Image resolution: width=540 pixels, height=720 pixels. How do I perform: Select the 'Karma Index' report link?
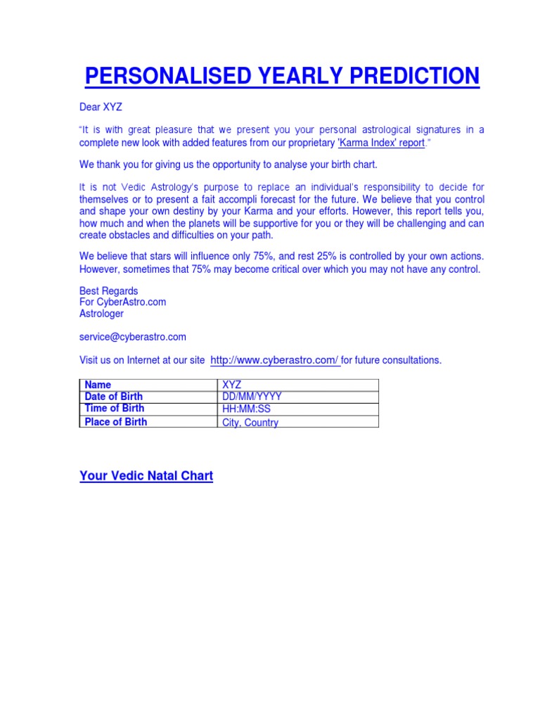coord(382,143)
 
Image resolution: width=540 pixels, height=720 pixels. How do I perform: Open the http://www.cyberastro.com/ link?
coord(274,360)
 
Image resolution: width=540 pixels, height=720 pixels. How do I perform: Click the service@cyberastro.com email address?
coord(133,337)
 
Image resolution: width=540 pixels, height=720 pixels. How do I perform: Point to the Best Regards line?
coord(108,291)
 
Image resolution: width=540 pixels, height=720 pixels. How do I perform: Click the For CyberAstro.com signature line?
coord(122,302)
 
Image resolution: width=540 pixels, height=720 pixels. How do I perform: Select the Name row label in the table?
coord(98,385)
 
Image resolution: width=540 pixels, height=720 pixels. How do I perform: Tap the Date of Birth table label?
coord(113,397)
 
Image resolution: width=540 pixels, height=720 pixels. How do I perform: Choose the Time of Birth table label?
coord(114,409)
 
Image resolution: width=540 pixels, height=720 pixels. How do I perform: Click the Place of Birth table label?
coord(115,422)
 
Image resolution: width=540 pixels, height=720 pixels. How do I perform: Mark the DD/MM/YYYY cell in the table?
coord(252,397)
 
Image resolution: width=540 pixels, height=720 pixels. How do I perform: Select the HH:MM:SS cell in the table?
coord(247,409)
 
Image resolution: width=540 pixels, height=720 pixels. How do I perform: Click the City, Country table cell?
coord(250,423)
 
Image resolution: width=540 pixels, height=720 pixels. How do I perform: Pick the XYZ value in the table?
coord(231,385)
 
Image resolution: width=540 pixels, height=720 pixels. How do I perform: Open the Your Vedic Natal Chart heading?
coord(146,476)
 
